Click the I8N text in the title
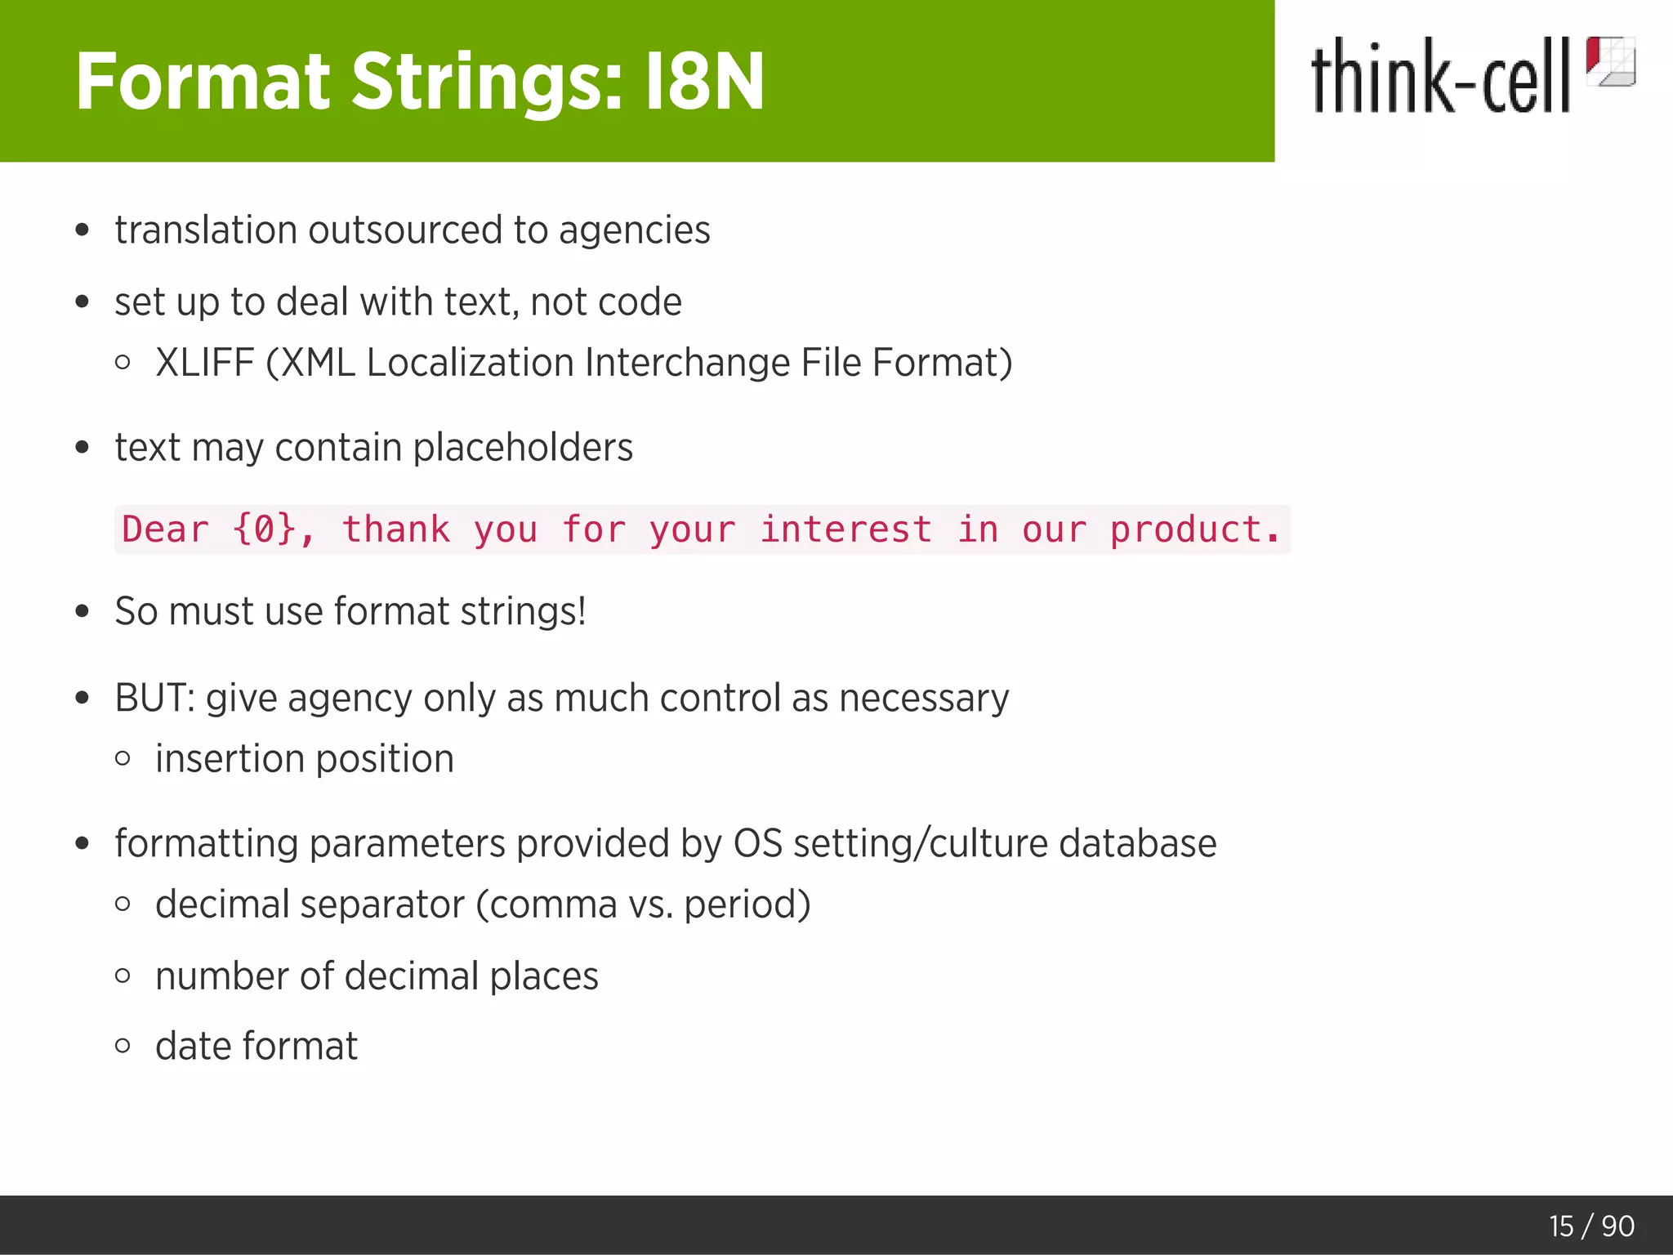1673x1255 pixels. pyautogui.click(x=704, y=82)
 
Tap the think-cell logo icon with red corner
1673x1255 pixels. pyautogui.click(x=1610, y=61)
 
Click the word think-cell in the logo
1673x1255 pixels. pyautogui.click(x=1440, y=78)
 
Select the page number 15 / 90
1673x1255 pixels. pyautogui.click(x=1591, y=1226)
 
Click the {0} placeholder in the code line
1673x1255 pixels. pyautogui.click(x=264, y=529)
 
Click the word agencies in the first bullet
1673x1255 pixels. pyautogui.click(x=634, y=230)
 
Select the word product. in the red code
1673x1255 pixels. pyautogui.click(x=1194, y=529)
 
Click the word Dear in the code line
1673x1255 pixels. pyautogui.click(x=165, y=529)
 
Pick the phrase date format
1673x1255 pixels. pyautogui.click(x=257, y=1047)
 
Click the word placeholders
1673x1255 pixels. pyautogui.click(x=523, y=448)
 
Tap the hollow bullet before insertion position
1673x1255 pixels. pyautogui.click(x=123, y=759)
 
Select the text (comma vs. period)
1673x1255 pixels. pyautogui.click(x=643, y=904)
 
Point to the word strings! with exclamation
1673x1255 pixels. pyautogui.click(x=523, y=612)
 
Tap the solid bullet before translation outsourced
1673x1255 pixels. pyautogui.click(x=82, y=230)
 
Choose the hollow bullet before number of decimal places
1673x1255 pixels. pyautogui.click(x=123, y=976)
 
